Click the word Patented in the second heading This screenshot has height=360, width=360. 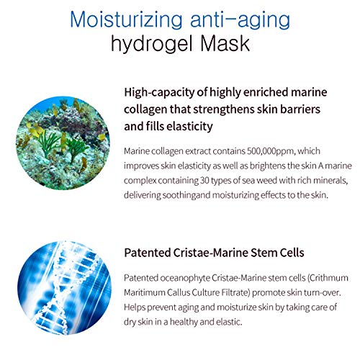(151, 253)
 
